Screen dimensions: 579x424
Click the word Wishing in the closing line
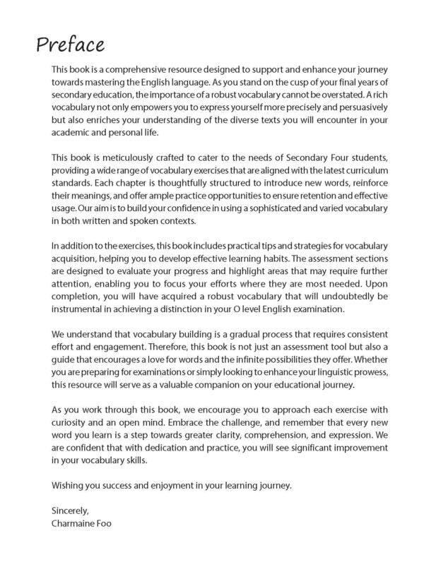tap(69, 486)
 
